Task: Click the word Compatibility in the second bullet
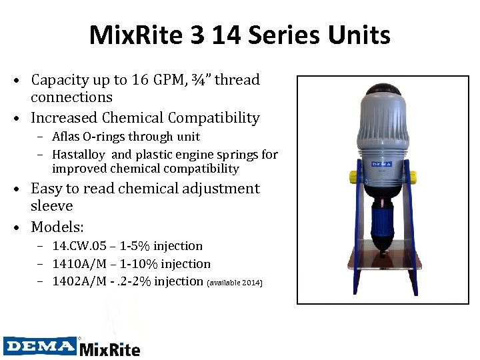(214, 118)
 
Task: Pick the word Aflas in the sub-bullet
(66, 137)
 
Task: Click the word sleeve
(51, 206)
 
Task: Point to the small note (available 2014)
(235, 283)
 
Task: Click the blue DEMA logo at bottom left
(40, 345)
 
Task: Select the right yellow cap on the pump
(412, 176)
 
